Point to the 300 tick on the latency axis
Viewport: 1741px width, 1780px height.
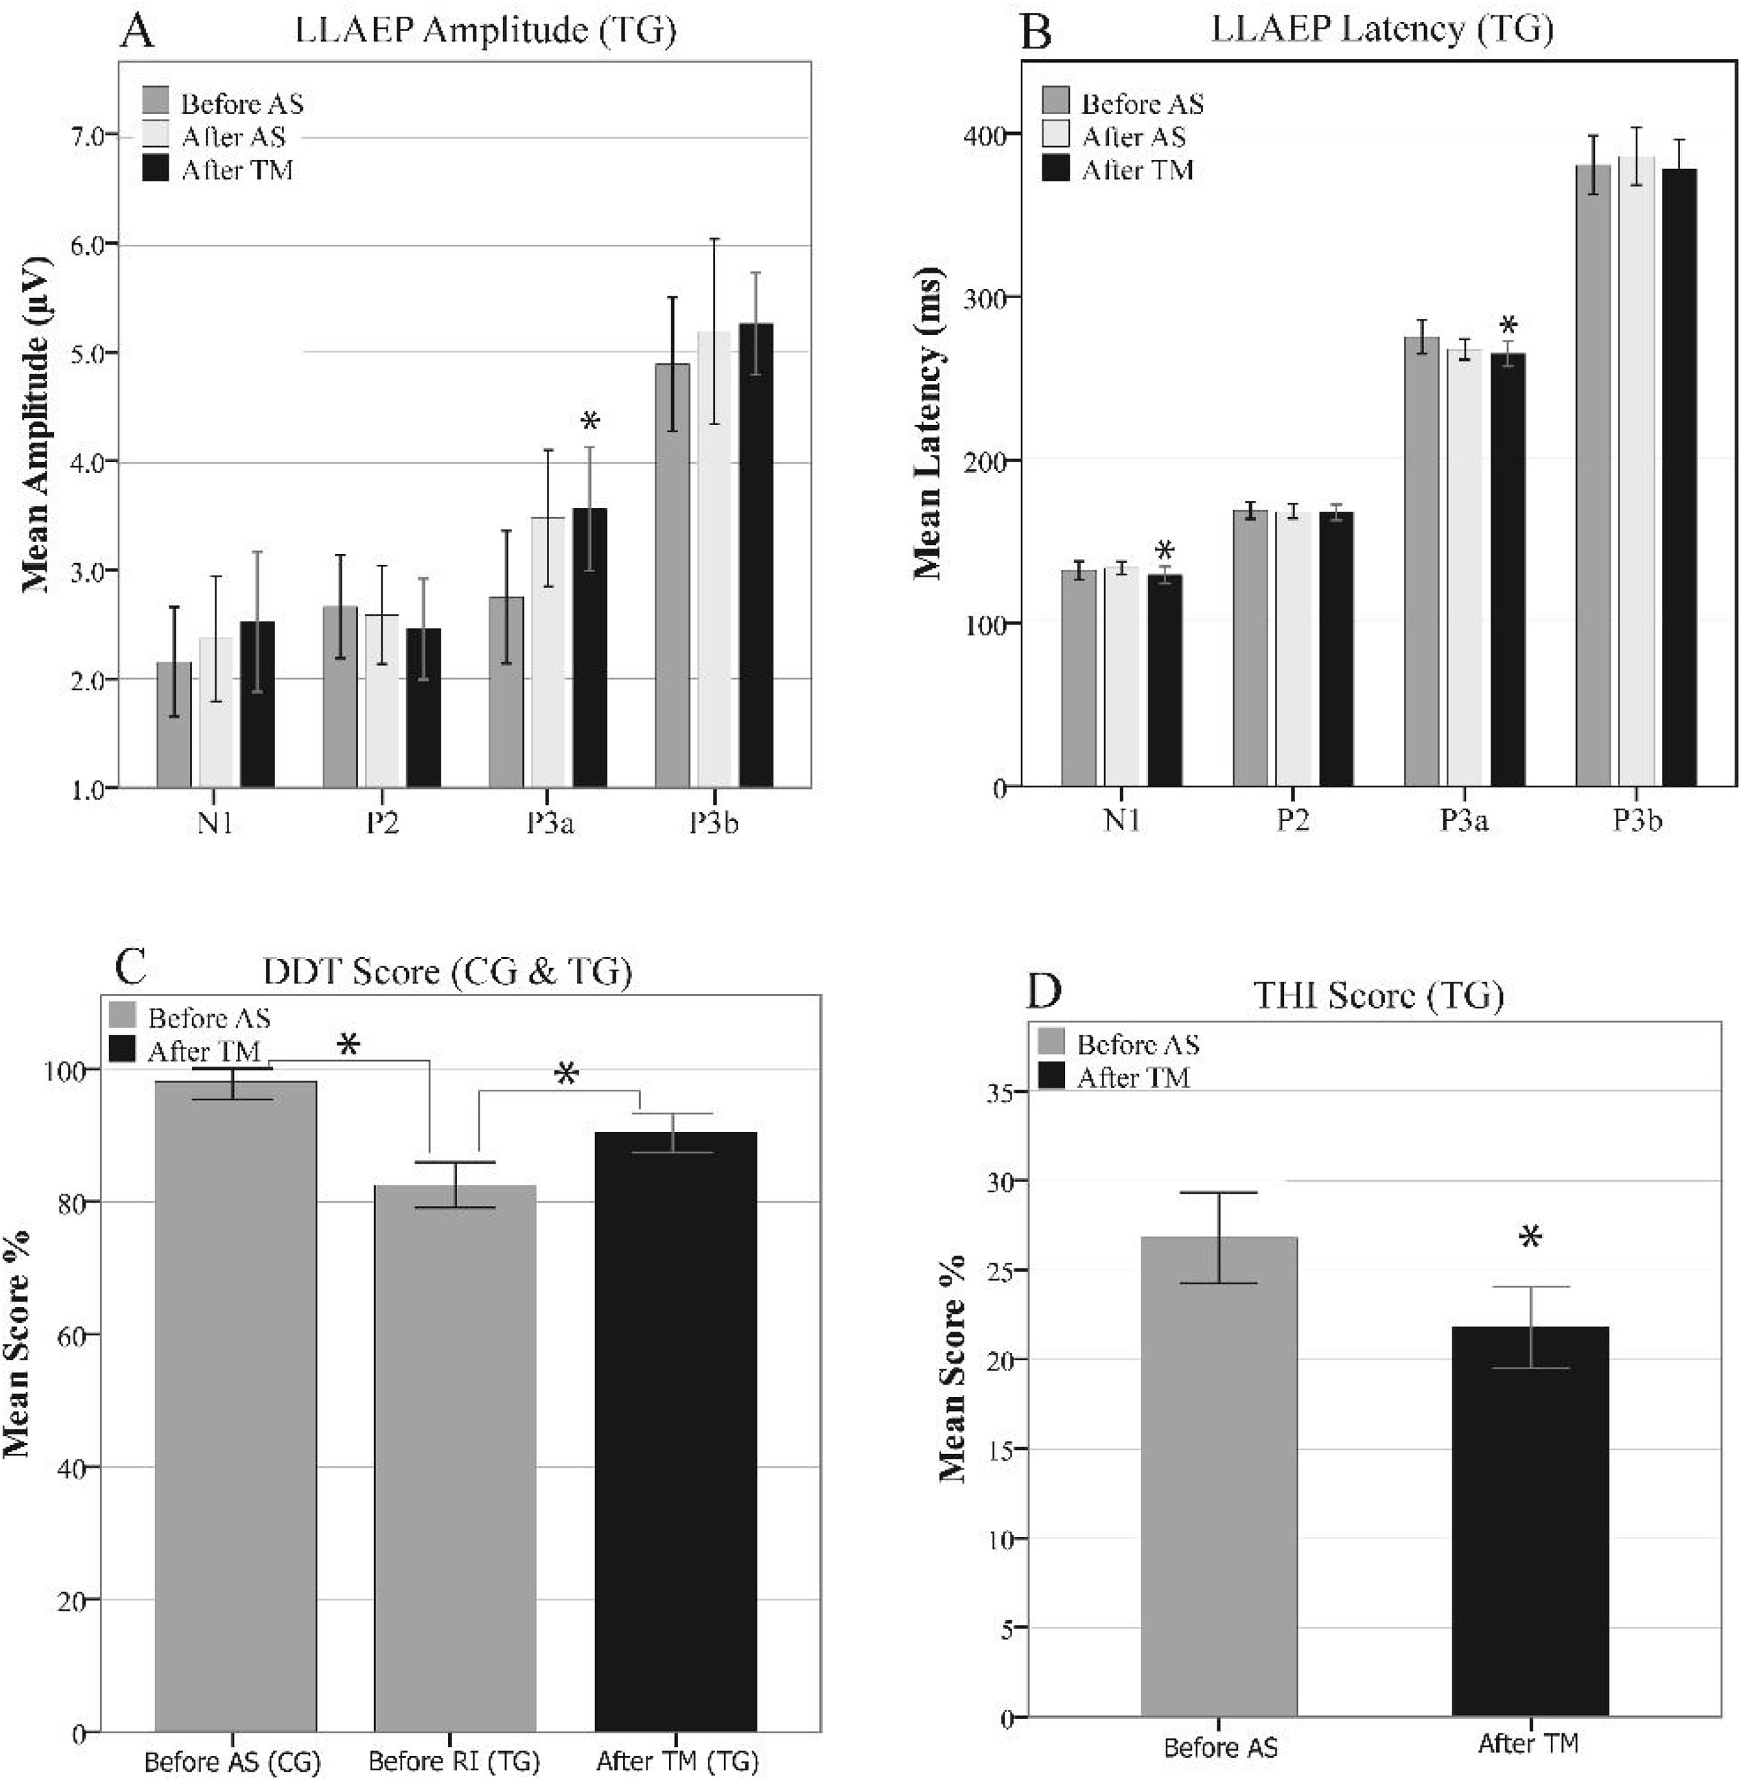pos(982,298)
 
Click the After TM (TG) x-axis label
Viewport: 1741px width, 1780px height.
pos(677,1760)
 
